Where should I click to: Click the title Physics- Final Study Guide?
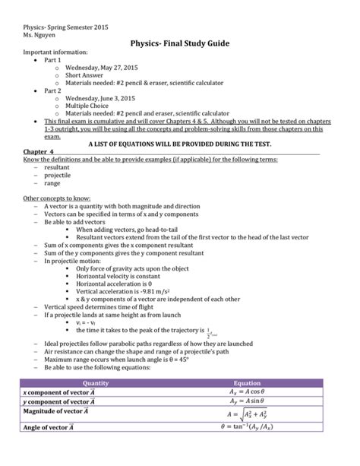point(180,45)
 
